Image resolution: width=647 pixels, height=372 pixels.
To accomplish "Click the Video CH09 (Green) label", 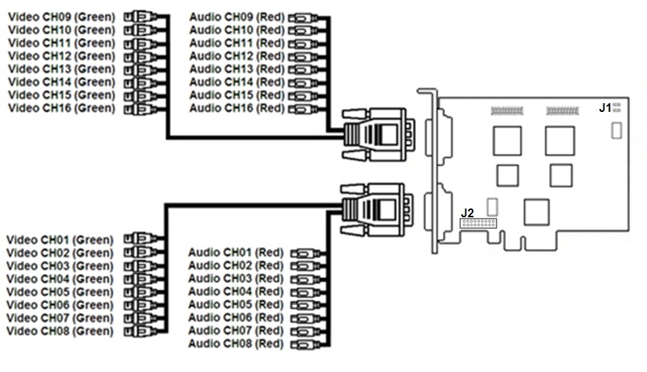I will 62,16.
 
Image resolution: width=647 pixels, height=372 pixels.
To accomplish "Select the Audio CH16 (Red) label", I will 237,108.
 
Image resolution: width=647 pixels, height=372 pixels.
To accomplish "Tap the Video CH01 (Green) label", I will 60,239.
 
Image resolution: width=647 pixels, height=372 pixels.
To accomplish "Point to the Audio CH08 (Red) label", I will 236,343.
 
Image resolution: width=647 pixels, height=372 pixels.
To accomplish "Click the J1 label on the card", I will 605,108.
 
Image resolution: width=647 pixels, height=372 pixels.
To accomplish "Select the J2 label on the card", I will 467,212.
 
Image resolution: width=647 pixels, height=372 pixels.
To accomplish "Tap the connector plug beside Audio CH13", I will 302,69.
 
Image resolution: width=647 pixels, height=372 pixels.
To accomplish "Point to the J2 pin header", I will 478,222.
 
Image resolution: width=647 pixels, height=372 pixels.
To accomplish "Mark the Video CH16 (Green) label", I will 62,108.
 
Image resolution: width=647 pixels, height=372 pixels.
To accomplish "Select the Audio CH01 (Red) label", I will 236,252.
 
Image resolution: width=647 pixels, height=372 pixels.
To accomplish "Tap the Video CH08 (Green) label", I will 60,331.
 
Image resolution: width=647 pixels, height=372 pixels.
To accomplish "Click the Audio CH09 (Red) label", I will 237,16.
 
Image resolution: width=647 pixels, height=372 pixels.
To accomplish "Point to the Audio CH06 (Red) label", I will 236,318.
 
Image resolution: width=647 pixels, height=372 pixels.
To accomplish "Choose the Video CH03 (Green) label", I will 60,265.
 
